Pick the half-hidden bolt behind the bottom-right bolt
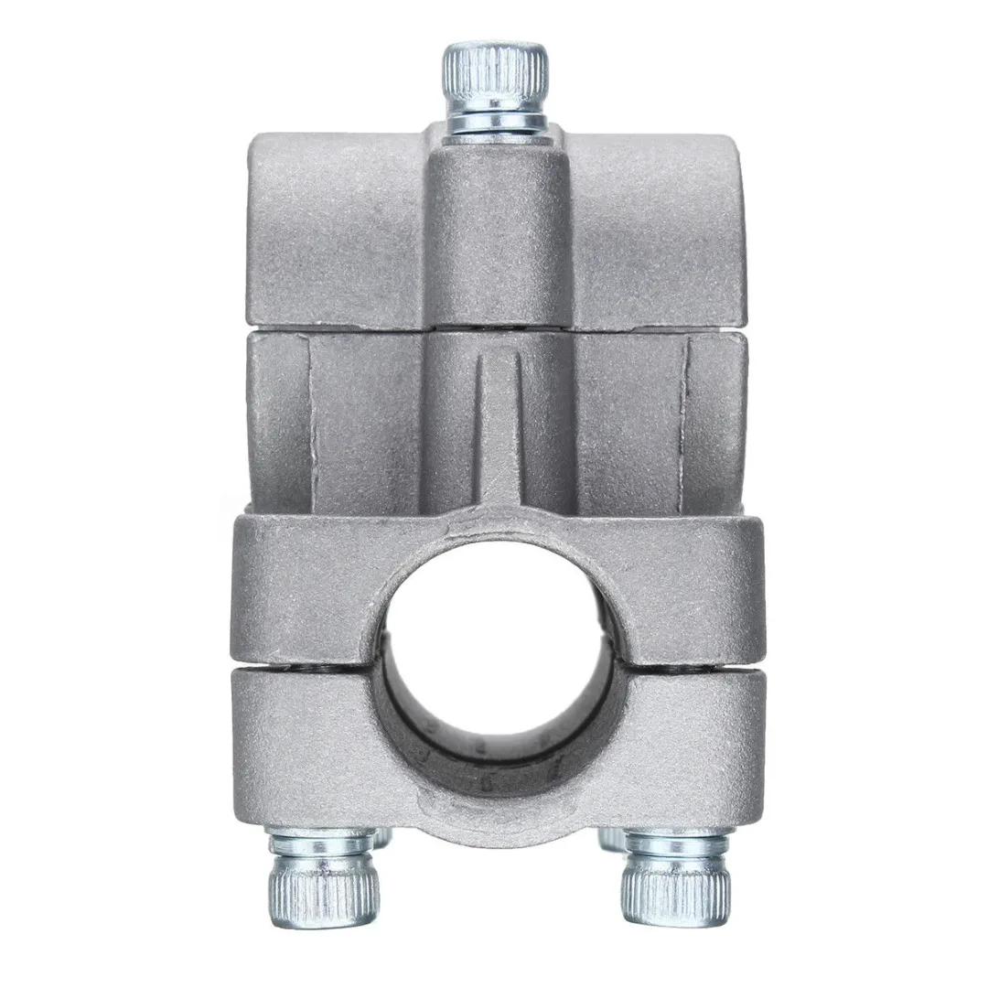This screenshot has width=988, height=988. pyautogui.click(x=607, y=836)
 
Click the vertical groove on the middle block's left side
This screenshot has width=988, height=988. pyautogui.click(x=310, y=421)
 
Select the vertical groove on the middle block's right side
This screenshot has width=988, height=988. pyautogui.click(x=685, y=421)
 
